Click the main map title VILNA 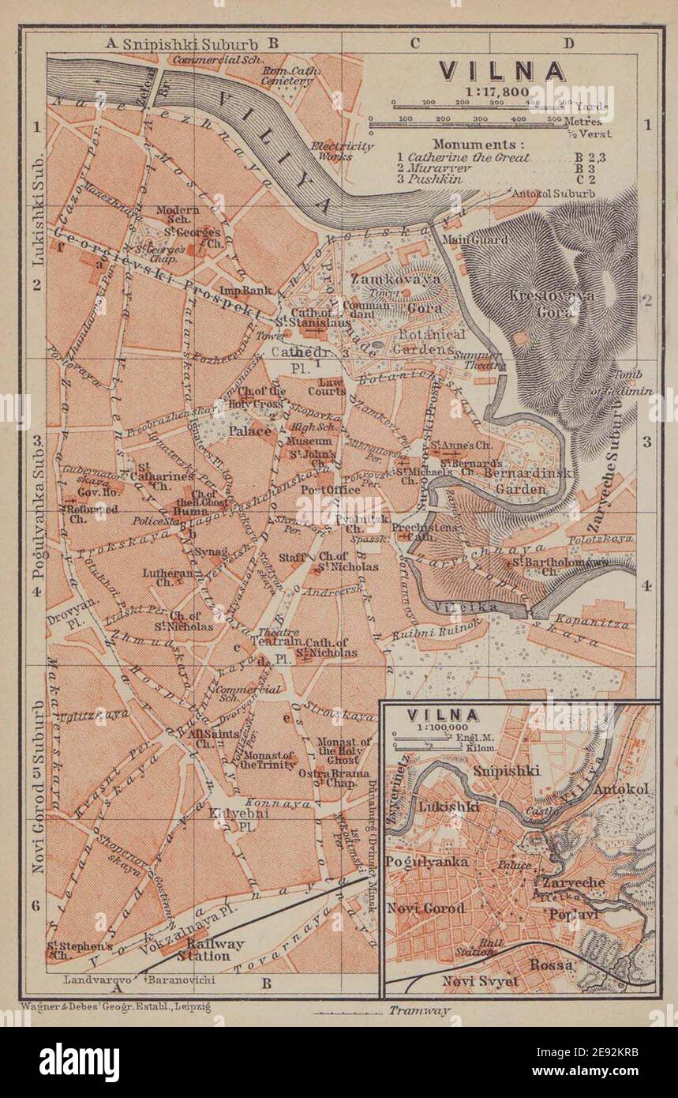point(502,71)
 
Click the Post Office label point(331,490)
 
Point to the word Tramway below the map point(418,1010)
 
